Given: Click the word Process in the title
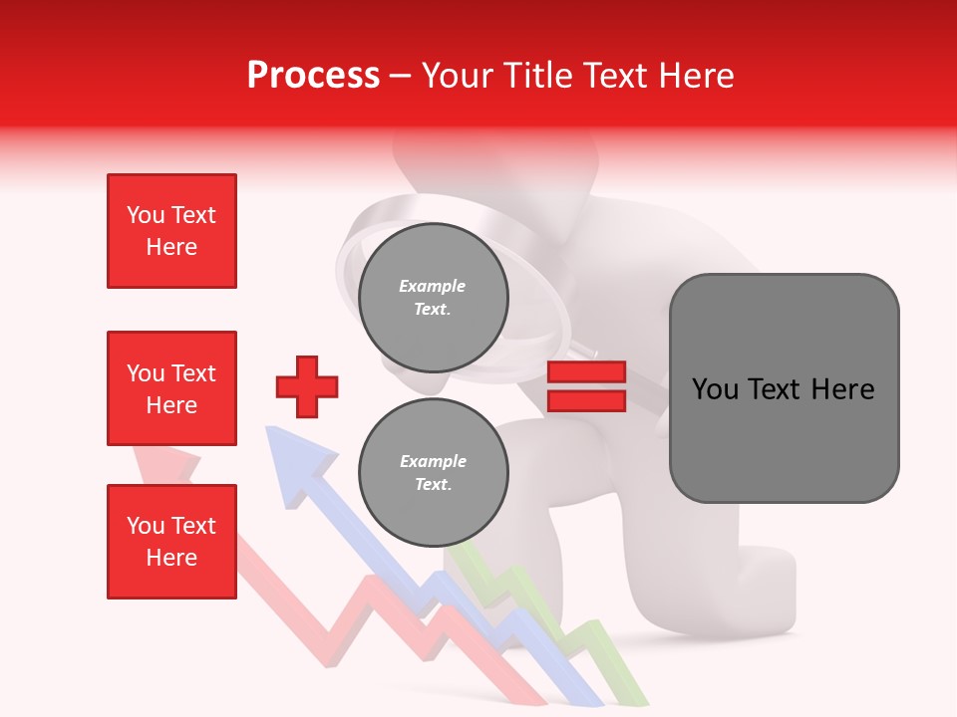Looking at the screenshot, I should [313, 76].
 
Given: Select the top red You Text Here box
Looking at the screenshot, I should [171, 231].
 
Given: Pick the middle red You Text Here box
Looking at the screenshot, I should [171, 388].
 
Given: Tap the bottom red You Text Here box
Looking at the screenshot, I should [171, 541].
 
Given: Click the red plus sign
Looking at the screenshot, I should [307, 386].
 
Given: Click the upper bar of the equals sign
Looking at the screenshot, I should [586, 372].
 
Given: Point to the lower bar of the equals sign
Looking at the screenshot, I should [586, 400].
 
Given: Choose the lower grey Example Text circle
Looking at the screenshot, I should [433, 473].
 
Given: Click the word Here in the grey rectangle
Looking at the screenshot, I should [842, 389].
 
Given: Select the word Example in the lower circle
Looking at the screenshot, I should [433, 461].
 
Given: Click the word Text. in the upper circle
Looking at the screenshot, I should [433, 310].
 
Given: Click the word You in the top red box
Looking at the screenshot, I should [145, 215].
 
